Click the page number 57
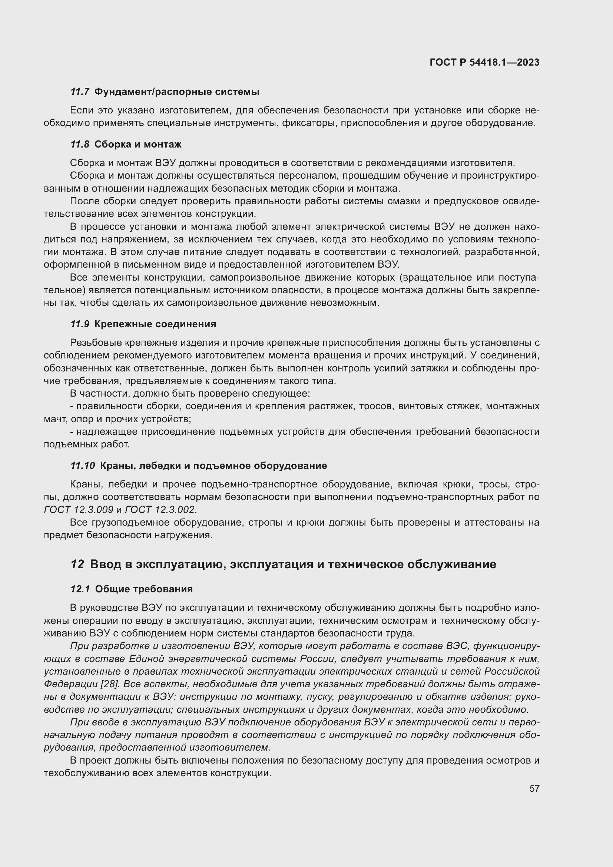click(534, 788)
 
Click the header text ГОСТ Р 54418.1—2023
click(484, 63)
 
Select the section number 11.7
click(80, 92)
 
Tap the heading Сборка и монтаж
click(138, 144)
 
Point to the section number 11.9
click(80, 324)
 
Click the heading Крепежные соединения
click(155, 324)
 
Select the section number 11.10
click(83, 466)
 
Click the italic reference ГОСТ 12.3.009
click(79, 510)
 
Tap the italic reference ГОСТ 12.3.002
click(160, 510)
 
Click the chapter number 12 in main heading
click(77, 565)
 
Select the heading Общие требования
click(144, 589)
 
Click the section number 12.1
click(80, 589)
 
